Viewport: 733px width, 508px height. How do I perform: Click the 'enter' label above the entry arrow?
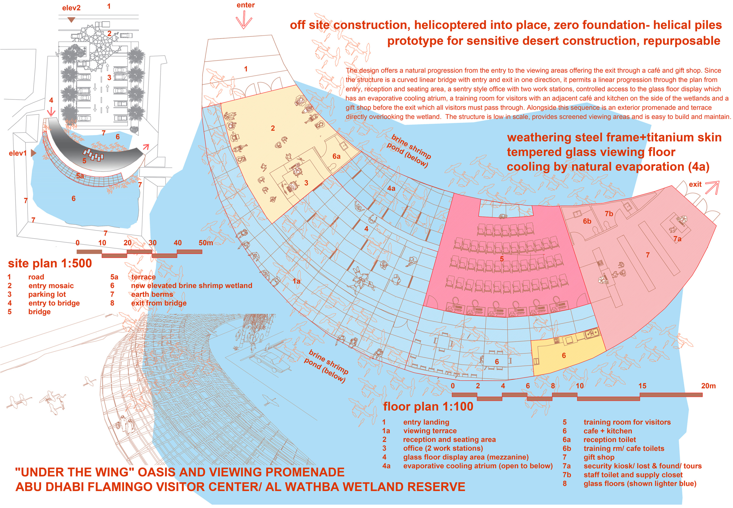click(x=245, y=5)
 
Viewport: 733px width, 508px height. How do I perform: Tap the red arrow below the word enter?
click(x=244, y=20)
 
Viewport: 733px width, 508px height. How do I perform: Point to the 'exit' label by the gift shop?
click(x=695, y=184)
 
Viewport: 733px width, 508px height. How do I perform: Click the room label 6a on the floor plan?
click(x=336, y=156)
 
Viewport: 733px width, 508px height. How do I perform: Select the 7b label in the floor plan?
click(x=609, y=214)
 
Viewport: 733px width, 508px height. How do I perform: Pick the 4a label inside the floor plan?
click(x=391, y=188)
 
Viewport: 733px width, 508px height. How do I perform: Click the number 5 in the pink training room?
click(x=502, y=259)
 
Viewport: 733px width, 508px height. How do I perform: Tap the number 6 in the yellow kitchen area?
click(x=564, y=355)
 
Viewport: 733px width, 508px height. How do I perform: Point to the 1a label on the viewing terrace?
click(x=296, y=281)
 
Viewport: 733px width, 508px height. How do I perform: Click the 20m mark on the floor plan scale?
click(x=708, y=386)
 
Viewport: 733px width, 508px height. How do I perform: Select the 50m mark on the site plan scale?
click(x=206, y=243)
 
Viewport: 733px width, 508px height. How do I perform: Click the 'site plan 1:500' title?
click(x=50, y=264)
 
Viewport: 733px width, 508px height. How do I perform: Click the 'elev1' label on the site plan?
click(x=18, y=153)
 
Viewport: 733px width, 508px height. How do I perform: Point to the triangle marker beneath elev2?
click(x=71, y=20)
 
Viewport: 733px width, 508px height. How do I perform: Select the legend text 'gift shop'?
click(x=599, y=457)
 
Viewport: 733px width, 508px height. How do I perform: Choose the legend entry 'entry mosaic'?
click(x=51, y=286)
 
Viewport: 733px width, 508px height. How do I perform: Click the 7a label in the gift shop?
click(x=677, y=239)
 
